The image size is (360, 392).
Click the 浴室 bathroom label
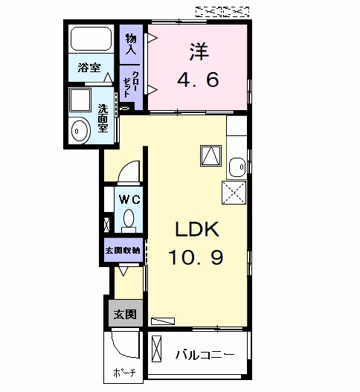(x=89, y=68)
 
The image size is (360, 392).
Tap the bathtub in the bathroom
(x=91, y=39)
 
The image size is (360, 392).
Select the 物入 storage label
(x=131, y=44)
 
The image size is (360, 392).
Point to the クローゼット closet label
(x=130, y=84)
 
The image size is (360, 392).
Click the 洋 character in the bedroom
(x=199, y=51)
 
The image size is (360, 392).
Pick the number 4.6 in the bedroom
(x=198, y=80)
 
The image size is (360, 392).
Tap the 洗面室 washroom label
(x=103, y=118)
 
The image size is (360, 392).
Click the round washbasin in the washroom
(x=80, y=131)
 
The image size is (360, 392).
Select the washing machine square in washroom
(x=80, y=100)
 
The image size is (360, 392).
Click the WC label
(x=129, y=199)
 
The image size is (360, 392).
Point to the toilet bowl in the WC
(x=129, y=218)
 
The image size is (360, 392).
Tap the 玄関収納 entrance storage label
(x=123, y=250)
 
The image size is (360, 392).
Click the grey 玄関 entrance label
(x=125, y=314)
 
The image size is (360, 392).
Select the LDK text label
(x=197, y=229)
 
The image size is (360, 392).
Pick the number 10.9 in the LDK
(x=196, y=257)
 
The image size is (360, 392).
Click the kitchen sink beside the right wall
(x=237, y=167)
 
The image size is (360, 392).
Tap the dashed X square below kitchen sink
(x=234, y=193)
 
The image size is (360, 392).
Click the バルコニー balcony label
(x=205, y=355)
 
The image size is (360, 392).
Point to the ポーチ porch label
(x=124, y=373)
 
